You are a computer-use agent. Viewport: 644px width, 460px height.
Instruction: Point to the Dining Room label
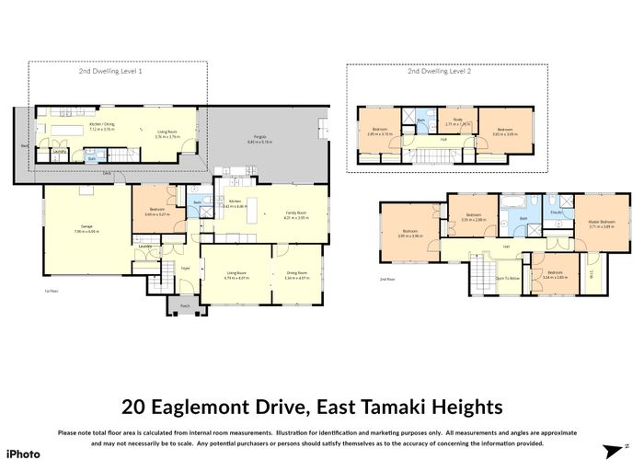click(x=296, y=272)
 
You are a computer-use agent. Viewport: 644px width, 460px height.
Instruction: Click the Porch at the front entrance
click(x=185, y=306)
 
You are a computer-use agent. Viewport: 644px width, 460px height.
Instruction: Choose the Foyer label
click(x=185, y=270)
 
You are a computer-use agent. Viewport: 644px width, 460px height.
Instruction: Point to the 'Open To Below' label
click(x=508, y=277)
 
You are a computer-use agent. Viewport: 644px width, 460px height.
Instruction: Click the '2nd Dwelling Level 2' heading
click(x=446, y=71)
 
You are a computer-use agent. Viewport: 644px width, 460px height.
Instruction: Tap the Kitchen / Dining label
click(x=101, y=127)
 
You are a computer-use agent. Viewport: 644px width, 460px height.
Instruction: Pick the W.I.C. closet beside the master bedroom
click(x=592, y=273)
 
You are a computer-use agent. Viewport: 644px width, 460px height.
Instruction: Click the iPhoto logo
click(x=25, y=453)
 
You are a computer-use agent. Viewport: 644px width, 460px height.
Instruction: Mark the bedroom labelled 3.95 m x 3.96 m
click(x=410, y=234)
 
